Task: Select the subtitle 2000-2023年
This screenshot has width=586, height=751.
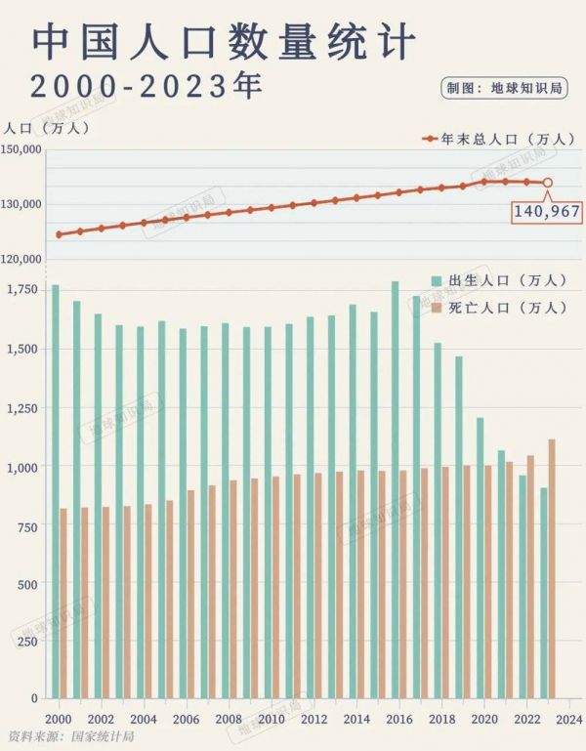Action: (x=146, y=86)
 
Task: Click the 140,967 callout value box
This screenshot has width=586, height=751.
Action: (x=547, y=211)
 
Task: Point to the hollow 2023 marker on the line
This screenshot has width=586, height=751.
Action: (x=548, y=183)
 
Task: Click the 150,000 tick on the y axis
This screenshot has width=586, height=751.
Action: (x=21, y=149)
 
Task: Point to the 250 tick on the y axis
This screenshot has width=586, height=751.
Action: (x=27, y=642)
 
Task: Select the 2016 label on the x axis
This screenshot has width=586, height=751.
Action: (x=398, y=719)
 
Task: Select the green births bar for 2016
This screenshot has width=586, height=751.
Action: (x=395, y=490)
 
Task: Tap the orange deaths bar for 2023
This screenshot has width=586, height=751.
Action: (x=552, y=568)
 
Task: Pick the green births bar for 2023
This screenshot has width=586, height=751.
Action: (x=543, y=593)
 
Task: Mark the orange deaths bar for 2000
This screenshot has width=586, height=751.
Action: (x=63, y=604)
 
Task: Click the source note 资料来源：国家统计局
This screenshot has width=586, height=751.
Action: (x=69, y=735)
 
